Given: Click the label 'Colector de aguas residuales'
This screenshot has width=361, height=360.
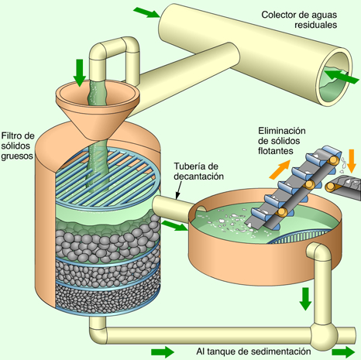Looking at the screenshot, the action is pyautogui.click(x=299, y=19).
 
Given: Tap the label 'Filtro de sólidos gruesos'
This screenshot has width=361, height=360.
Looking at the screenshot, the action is pyautogui.click(x=18, y=146).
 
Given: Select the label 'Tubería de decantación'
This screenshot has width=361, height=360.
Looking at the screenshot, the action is pyautogui.click(x=198, y=171).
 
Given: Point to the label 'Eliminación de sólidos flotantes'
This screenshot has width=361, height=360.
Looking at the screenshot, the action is pyautogui.click(x=282, y=141).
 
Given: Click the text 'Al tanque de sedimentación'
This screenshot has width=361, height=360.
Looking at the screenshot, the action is pyautogui.click(x=253, y=351).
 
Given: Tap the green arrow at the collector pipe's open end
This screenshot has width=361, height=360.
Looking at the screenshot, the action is pyautogui.click(x=342, y=77).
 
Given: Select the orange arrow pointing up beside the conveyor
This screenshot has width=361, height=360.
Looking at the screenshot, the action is pyautogui.click(x=280, y=170).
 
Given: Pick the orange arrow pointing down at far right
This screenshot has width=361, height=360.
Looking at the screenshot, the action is pyautogui.click(x=352, y=161).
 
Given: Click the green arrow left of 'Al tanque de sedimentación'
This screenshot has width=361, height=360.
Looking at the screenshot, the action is pyautogui.click(x=163, y=352).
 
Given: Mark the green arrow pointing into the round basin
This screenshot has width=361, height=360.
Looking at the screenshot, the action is pyautogui.click(x=175, y=225).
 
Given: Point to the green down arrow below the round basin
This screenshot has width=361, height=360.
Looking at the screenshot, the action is pyautogui.click(x=305, y=299).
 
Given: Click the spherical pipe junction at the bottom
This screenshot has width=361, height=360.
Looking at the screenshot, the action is pyautogui.click(x=324, y=336).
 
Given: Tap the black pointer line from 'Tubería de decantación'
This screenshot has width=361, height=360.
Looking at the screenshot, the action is pyautogui.click(x=179, y=190).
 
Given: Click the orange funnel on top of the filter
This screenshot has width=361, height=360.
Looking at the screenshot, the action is pyautogui.click(x=98, y=109).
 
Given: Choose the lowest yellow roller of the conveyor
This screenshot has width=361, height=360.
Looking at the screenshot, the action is pyautogui.click(x=282, y=212).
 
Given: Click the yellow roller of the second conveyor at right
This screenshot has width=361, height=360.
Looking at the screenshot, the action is pyautogui.click(x=330, y=187).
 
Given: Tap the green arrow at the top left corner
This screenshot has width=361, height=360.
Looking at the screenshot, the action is pyautogui.click(x=146, y=12).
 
